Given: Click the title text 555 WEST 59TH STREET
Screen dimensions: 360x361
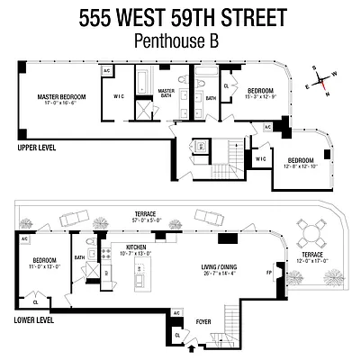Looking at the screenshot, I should click(180, 17).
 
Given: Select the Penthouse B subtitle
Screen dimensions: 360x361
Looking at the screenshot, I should click(180, 40).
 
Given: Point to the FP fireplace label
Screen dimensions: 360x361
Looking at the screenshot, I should click(267, 270).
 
